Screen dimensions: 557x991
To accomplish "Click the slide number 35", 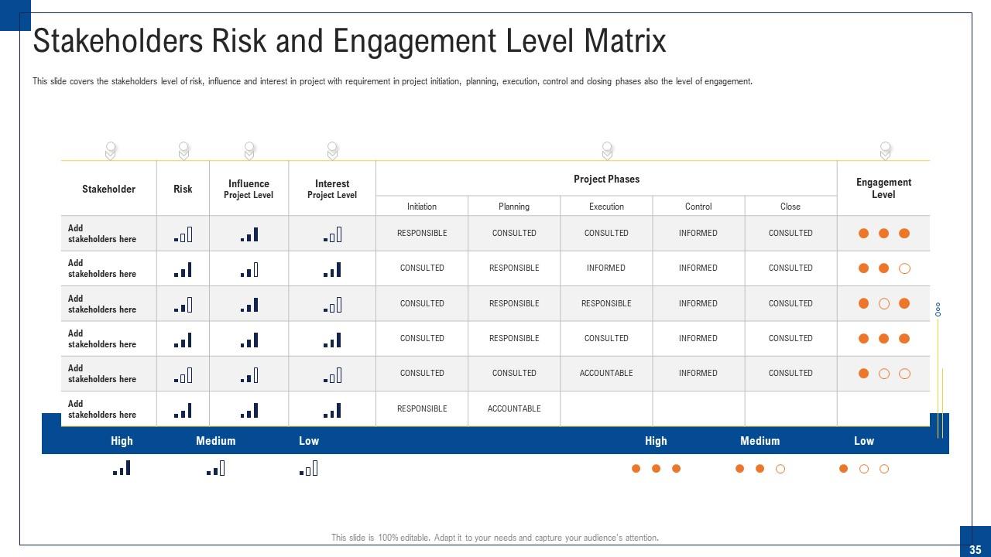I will click(975, 549).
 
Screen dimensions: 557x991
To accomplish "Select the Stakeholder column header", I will click(108, 189).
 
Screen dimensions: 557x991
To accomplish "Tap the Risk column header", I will click(183, 189).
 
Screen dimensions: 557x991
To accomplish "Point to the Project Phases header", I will click(606, 179).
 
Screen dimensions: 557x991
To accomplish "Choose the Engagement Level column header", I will click(883, 188).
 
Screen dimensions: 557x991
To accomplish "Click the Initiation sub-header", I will click(422, 207).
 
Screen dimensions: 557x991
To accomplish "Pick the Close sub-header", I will click(790, 207).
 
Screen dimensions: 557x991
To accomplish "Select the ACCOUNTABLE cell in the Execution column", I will click(606, 373).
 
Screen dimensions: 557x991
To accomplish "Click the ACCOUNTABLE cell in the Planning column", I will click(514, 408).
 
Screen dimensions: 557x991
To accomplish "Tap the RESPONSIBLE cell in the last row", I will click(422, 408).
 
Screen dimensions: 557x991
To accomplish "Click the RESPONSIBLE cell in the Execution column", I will click(606, 303).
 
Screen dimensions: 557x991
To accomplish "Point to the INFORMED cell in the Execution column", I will click(606, 268).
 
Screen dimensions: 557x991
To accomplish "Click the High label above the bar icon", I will click(122, 441).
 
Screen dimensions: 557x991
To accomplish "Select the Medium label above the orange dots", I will click(760, 441).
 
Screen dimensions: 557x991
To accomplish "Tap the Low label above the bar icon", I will click(309, 441).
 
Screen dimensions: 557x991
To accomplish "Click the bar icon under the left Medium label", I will click(216, 468).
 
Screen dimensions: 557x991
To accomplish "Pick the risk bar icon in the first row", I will click(183, 235).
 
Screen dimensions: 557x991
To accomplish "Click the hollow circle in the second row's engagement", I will click(904, 268).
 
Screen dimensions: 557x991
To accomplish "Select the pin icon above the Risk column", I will click(183, 150).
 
